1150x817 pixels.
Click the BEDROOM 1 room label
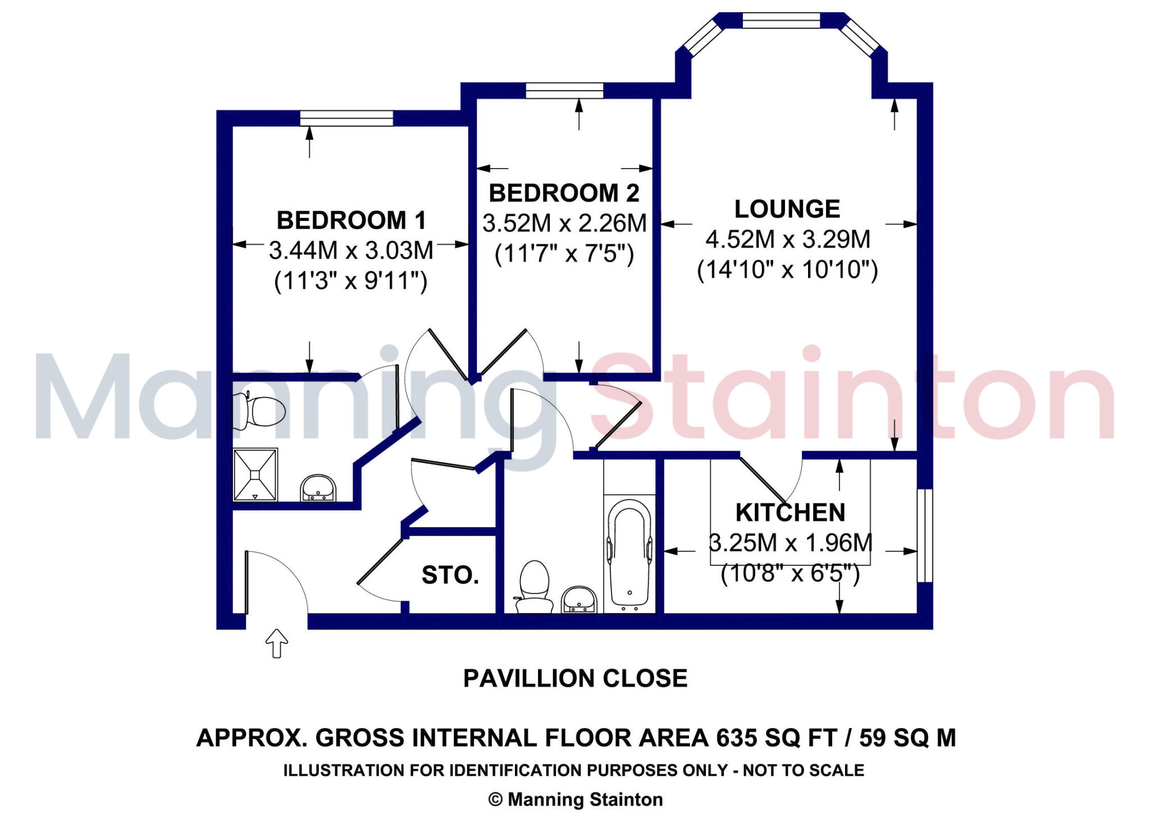point(351,220)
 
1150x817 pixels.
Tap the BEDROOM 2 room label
point(564,193)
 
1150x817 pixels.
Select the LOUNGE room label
point(787,209)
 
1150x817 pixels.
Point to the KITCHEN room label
point(790,512)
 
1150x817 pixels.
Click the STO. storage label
point(450,575)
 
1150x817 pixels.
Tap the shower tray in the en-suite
point(255,474)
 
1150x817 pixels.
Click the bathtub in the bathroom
point(629,553)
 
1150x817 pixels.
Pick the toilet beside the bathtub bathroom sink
point(533,586)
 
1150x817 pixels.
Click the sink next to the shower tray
point(318,488)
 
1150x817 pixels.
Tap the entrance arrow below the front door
point(276,643)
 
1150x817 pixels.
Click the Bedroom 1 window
point(346,118)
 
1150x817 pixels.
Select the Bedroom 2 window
point(564,90)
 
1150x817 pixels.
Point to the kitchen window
point(925,535)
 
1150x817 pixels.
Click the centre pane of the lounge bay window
point(781,20)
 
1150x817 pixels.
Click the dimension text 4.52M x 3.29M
point(788,239)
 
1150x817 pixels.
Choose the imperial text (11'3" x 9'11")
point(351,280)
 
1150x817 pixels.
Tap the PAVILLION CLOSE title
point(575,678)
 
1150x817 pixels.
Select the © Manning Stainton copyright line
point(576,799)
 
